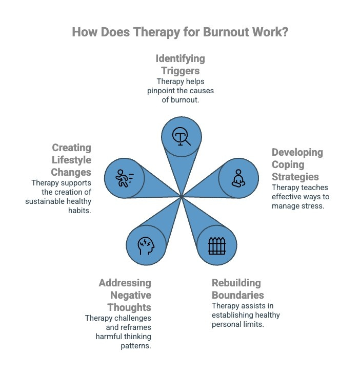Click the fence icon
tap(217, 246)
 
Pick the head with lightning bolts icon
tap(146, 246)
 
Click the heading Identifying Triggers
tap(180, 65)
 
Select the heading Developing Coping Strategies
tap(297, 164)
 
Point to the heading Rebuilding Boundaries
tap(237, 289)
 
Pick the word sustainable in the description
tap(43, 201)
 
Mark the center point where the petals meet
tap(181, 195)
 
